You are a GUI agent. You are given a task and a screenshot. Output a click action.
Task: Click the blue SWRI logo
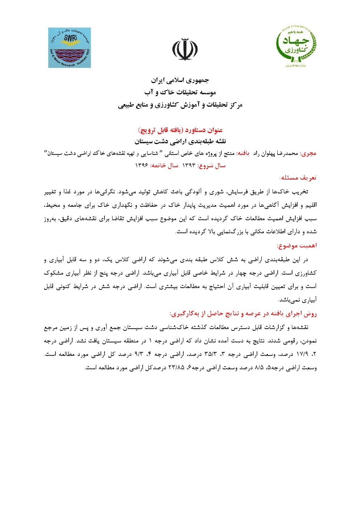(70, 48)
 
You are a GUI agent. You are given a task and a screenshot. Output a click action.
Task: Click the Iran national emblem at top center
(185, 49)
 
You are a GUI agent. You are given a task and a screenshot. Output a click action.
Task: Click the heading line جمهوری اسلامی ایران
(180, 80)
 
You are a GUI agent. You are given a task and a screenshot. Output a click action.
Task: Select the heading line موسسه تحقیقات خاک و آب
(180, 93)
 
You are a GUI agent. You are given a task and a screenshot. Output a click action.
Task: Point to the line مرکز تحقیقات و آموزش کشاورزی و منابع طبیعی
(180, 105)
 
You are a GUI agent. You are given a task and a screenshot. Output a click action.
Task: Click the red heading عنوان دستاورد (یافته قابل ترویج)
(180, 130)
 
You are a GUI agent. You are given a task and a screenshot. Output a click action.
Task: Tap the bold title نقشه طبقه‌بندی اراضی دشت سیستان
(180, 140)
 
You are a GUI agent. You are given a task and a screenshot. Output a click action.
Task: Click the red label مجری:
(309, 153)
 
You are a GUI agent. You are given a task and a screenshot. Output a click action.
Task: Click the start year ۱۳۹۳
(188, 165)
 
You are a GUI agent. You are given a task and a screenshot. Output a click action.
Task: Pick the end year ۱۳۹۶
(142, 165)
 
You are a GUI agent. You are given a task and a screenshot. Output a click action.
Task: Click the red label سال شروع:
(211, 165)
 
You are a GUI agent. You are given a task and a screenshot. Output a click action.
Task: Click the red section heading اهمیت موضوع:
(296, 246)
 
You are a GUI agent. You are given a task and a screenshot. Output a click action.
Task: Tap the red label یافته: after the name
(246, 153)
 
